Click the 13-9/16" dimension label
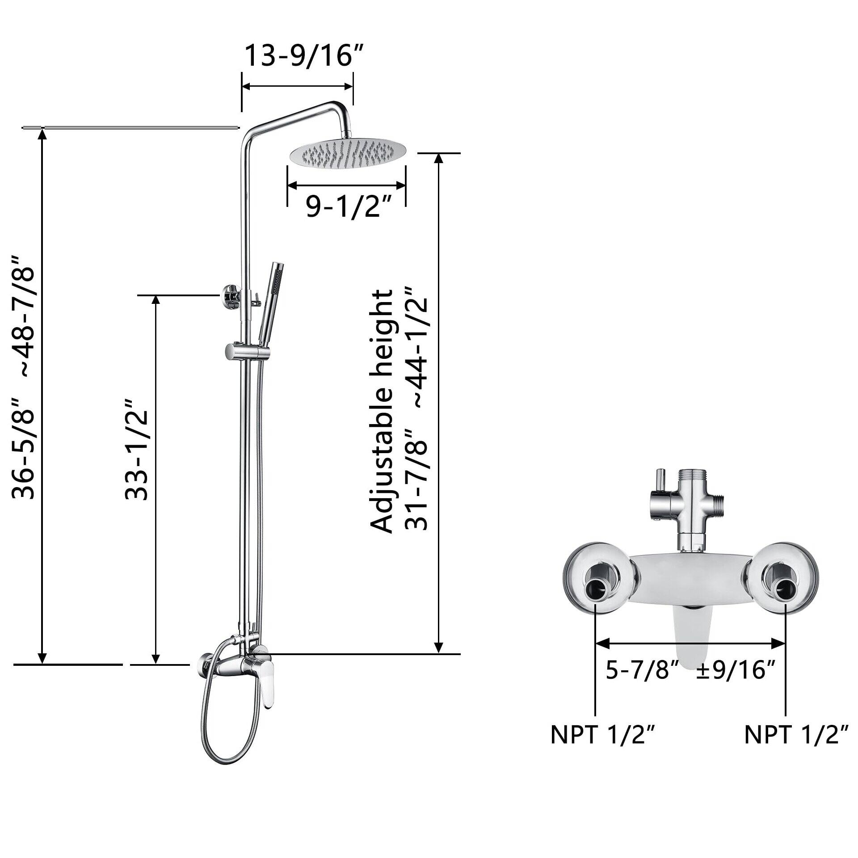tap(304, 56)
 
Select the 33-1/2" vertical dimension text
tap(136, 449)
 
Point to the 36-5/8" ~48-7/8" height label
tap(23, 378)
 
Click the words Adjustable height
tap(382, 411)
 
